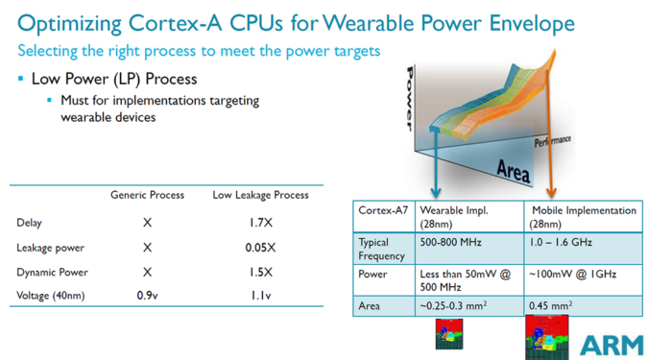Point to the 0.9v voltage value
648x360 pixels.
(x=147, y=296)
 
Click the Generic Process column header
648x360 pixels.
(x=147, y=195)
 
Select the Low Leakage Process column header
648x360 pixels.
(x=260, y=195)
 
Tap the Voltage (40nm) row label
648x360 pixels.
(x=51, y=296)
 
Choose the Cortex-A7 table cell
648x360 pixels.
(x=380, y=210)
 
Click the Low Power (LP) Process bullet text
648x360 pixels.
(x=114, y=78)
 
